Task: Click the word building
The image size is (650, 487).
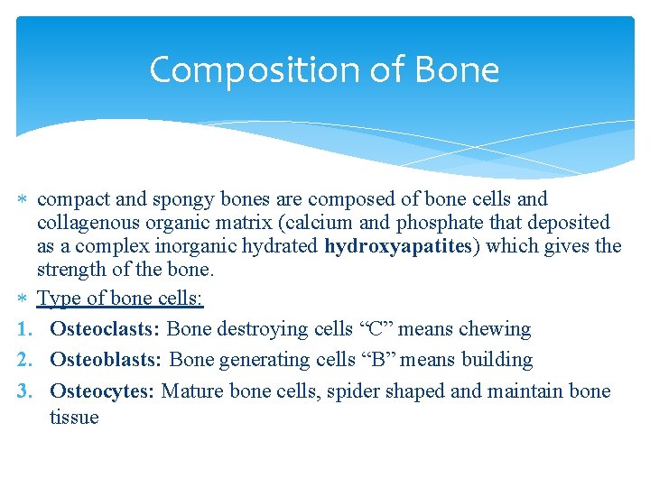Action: pos(497,360)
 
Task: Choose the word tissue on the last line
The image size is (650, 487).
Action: pos(74,417)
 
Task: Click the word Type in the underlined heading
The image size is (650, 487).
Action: pos(59,299)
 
